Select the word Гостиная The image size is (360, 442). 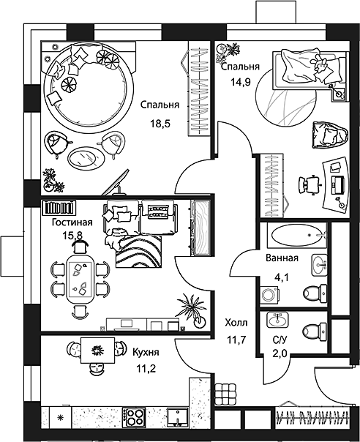tap(71, 222)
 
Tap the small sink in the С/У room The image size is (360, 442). tap(277, 320)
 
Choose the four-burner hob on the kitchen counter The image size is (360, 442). tap(135, 417)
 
